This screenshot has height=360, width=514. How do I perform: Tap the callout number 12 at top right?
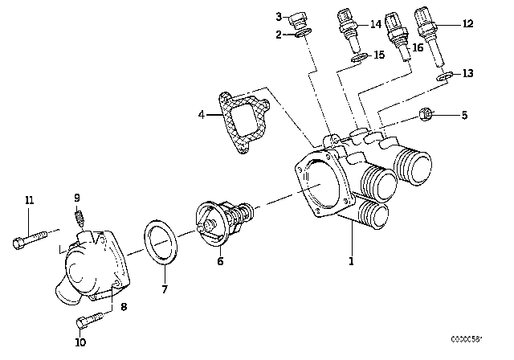pyautogui.click(x=467, y=24)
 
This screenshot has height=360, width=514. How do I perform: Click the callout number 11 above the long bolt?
pyautogui.click(x=30, y=200)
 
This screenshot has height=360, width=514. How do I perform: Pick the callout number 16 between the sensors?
pyautogui.click(x=416, y=47)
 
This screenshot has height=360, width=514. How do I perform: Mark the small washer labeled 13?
pyautogui.click(x=443, y=76)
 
